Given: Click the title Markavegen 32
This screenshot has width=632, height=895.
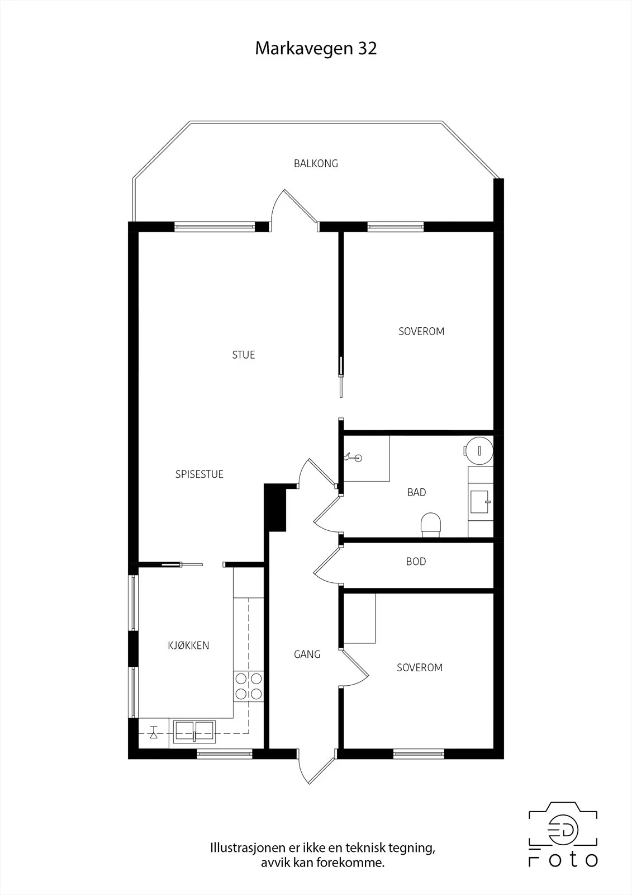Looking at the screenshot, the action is tap(316, 49).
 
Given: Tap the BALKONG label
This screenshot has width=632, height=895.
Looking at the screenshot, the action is tap(316, 163).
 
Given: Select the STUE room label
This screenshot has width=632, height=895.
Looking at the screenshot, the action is tap(244, 355).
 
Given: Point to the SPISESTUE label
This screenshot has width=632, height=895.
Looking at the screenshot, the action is tap(199, 474).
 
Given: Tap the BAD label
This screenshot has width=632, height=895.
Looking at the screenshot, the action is tap(416, 492).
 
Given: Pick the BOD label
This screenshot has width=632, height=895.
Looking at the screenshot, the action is tap(416, 562).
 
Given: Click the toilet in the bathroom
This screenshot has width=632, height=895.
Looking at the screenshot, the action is tap(431, 525).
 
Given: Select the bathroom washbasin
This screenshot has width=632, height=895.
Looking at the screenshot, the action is tap(481, 502).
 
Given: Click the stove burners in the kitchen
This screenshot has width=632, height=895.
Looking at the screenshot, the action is tap(248, 686).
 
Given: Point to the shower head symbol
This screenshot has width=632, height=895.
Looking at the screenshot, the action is tap(353, 458).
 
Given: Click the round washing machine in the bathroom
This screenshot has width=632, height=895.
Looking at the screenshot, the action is tap(479, 451).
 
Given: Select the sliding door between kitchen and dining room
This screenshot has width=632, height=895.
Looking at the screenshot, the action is tap(182, 564).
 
